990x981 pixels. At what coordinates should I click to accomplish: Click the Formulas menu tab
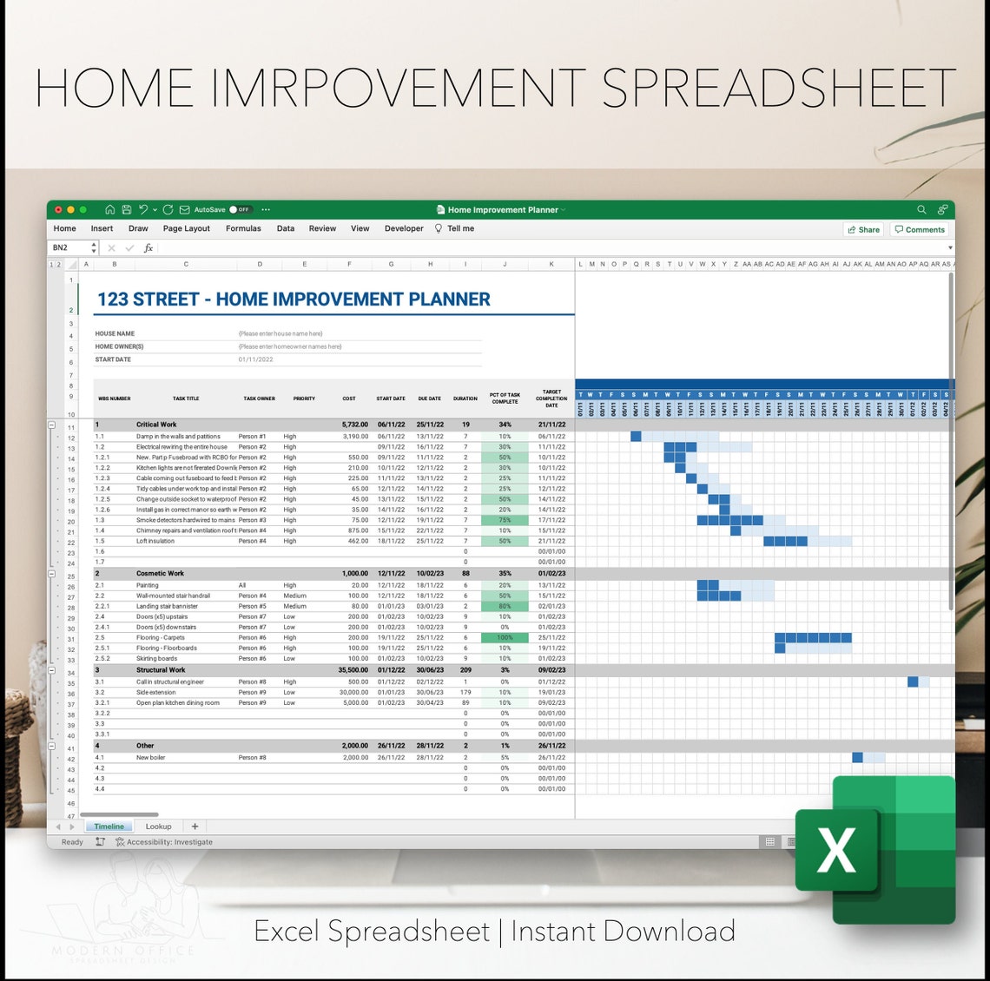click(243, 228)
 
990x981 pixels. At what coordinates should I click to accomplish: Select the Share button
click(863, 229)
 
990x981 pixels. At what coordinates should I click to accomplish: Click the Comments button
click(920, 229)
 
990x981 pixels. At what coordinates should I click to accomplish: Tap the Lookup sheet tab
click(158, 826)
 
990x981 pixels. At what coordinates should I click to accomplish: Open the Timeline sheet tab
click(109, 826)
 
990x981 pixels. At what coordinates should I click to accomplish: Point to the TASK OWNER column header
click(259, 398)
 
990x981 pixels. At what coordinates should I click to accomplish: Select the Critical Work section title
click(156, 425)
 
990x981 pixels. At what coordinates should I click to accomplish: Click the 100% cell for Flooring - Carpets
click(505, 637)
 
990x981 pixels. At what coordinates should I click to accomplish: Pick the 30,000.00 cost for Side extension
click(353, 692)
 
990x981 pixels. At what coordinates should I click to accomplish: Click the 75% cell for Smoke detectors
click(505, 520)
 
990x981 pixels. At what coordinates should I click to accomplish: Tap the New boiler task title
click(150, 757)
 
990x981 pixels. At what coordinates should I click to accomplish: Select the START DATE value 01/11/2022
click(255, 359)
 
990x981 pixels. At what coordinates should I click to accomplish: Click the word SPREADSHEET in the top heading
click(778, 89)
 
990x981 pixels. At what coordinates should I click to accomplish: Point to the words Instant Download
click(623, 932)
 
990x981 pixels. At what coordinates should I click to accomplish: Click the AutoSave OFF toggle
click(240, 209)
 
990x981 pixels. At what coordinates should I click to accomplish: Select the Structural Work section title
click(161, 670)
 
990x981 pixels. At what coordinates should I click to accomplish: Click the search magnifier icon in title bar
click(921, 209)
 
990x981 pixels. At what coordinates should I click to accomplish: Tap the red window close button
click(58, 209)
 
